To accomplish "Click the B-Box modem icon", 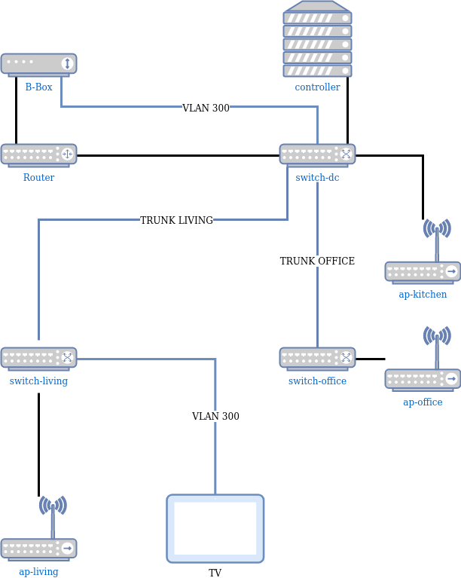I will pyautogui.click(x=38, y=65).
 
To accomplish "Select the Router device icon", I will pyautogui.click(x=38, y=155).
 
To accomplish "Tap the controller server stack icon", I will pyautogui.click(x=317, y=39).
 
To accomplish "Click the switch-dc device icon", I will pyautogui.click(x=317, y=155).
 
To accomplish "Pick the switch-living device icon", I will pyautogui.click(x=38, y=359).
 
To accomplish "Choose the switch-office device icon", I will pyautogui.click(x=317, y=359).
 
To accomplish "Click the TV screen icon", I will pyautogui.click(x=215, y=528).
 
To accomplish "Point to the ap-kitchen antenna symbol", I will pyautogui.click(x=437, y=229).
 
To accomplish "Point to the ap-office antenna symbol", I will pyautogui.click(x=437, y=336).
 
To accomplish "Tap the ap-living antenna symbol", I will pyautogui.click(x=53, y=506).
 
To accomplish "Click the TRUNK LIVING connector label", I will pyautogui.click(x=176, y=220).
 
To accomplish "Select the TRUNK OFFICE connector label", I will pyautogui.click(x=317, y=261).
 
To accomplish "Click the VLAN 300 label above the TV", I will pyautogui.click(x=215, y=417).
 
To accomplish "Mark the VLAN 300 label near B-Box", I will pyautogui.click(x=206, y=109).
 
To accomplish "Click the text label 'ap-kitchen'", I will pyautogui.click(x=423, y=295).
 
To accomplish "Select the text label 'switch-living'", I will pyautogui.click(x=38, y=381).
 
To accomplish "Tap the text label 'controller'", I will pyautogui.click(x=317, y=87).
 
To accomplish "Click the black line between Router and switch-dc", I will pyautogui.click(x=178, y=156).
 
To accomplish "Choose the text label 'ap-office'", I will pyautogui.click(x=423, y=402).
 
